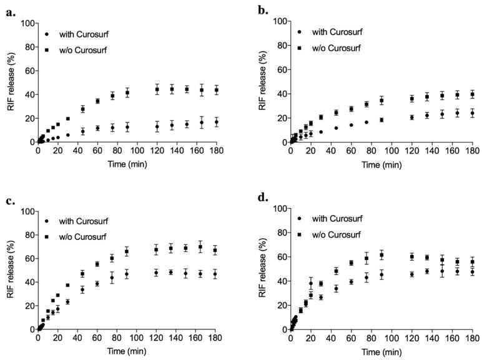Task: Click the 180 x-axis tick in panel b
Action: (472, 151)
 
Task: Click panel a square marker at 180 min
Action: (217, 90)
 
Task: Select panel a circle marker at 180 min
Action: (217, 122)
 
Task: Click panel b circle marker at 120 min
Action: (411, 117)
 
